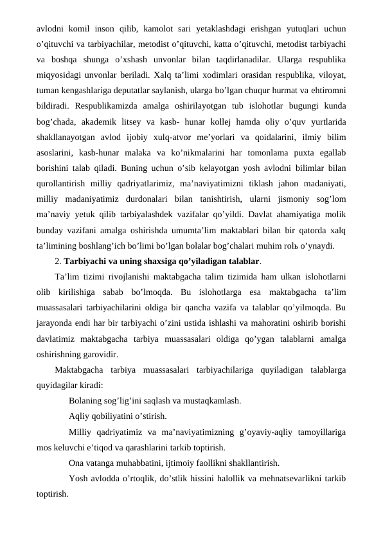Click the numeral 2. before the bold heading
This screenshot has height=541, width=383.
[58, 261]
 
